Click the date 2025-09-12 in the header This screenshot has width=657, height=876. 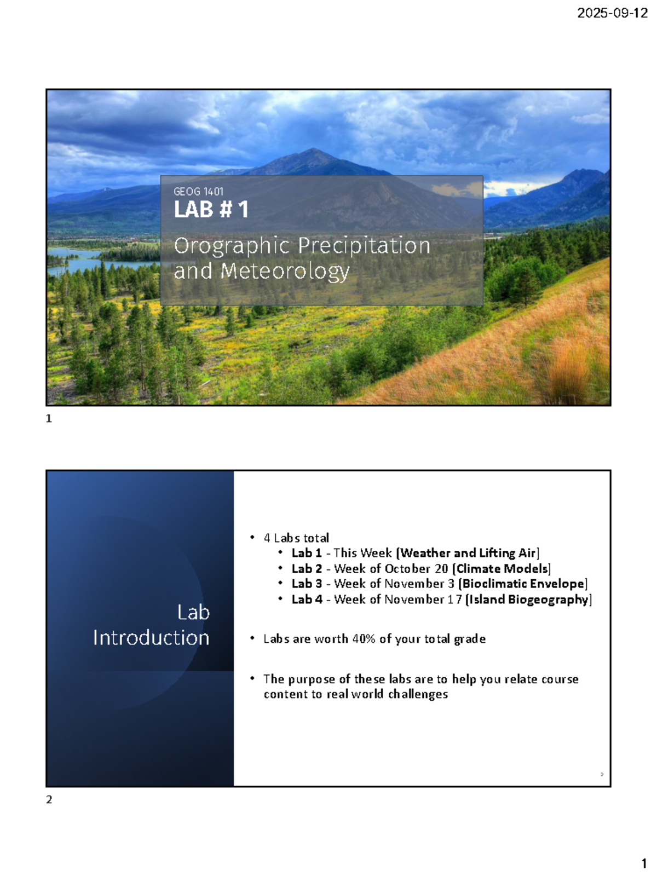[612, 13]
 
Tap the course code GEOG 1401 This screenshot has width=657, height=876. [198, 192]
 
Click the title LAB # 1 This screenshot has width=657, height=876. [211, 209]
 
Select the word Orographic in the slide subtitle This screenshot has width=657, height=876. [232, 246]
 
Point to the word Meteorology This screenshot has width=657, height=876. [285, 272]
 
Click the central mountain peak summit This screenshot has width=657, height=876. [313, 149]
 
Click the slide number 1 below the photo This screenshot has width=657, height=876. [49, 419]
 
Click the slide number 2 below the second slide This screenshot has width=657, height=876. [49, 800]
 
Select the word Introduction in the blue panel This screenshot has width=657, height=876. [151, 638]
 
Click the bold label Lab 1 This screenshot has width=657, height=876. [307, 553]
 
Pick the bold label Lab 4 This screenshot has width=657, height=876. [307, 600]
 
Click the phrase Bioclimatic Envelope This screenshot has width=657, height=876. [523, 584]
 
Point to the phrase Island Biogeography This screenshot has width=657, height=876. [528, 600]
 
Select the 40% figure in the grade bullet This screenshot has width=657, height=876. [364, 639]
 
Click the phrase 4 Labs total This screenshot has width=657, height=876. [296, 538]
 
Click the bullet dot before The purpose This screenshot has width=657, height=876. [252, 678]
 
